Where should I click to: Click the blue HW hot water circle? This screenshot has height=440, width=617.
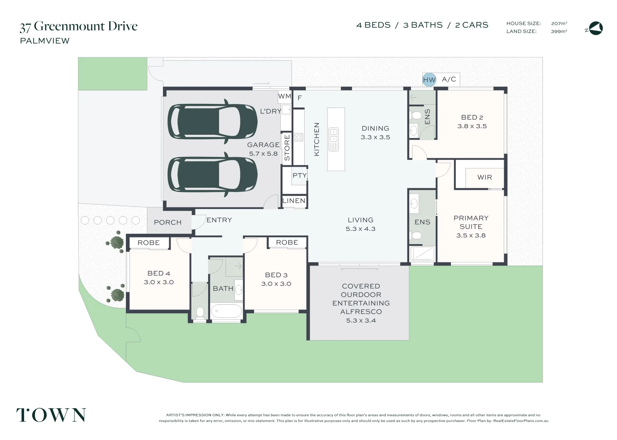(429, 80)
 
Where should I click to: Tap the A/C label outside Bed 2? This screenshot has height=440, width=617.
(449, 79)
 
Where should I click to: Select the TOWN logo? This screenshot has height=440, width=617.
(51, 415)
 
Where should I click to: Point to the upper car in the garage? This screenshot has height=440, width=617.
(213, 121)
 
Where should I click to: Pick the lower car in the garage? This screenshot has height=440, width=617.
(213, 175)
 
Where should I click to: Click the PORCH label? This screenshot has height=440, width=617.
(168, 222)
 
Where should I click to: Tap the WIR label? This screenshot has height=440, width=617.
(485, 177)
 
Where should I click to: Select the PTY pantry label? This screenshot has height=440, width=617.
(300, 175)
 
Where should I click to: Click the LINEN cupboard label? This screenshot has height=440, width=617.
(294, 200)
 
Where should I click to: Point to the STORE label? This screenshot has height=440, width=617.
(287, 147)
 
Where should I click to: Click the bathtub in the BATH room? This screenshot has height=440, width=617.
(226, 311)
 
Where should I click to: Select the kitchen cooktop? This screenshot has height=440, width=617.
(299, 137)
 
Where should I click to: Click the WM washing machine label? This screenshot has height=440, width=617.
(285, 96)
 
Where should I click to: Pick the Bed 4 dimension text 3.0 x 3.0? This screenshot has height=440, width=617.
(159, 282)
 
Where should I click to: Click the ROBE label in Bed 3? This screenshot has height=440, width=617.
(287, 242)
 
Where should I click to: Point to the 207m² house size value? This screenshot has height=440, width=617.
(559, 23)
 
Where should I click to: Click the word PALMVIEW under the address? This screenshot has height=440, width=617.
(45, 41)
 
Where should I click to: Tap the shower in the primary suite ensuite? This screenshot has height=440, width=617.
(422, 254)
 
